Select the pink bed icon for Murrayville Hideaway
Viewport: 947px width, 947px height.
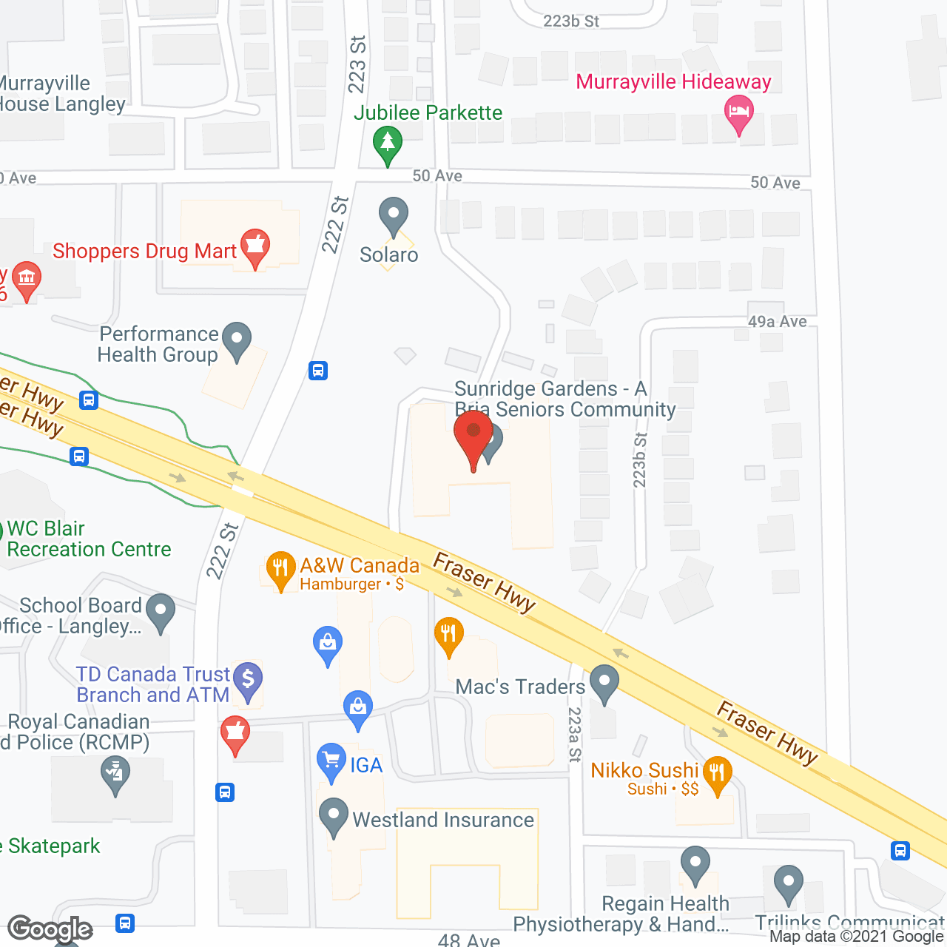[738, 115]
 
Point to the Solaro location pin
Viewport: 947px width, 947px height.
[393, 216]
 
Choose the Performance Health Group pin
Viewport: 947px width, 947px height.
[237, 340]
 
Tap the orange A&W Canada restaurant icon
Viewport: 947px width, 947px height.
[280, 569]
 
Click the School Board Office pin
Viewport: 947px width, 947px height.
[161, 611]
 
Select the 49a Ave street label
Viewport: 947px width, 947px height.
[777, 321]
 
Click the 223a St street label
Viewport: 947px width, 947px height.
[575, 735]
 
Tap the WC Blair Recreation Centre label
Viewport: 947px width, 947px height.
[89, 539]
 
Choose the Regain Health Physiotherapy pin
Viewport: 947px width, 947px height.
[695, 864]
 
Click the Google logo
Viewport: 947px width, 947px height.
[50, 929]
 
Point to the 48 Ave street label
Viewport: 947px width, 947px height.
[469, 940]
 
